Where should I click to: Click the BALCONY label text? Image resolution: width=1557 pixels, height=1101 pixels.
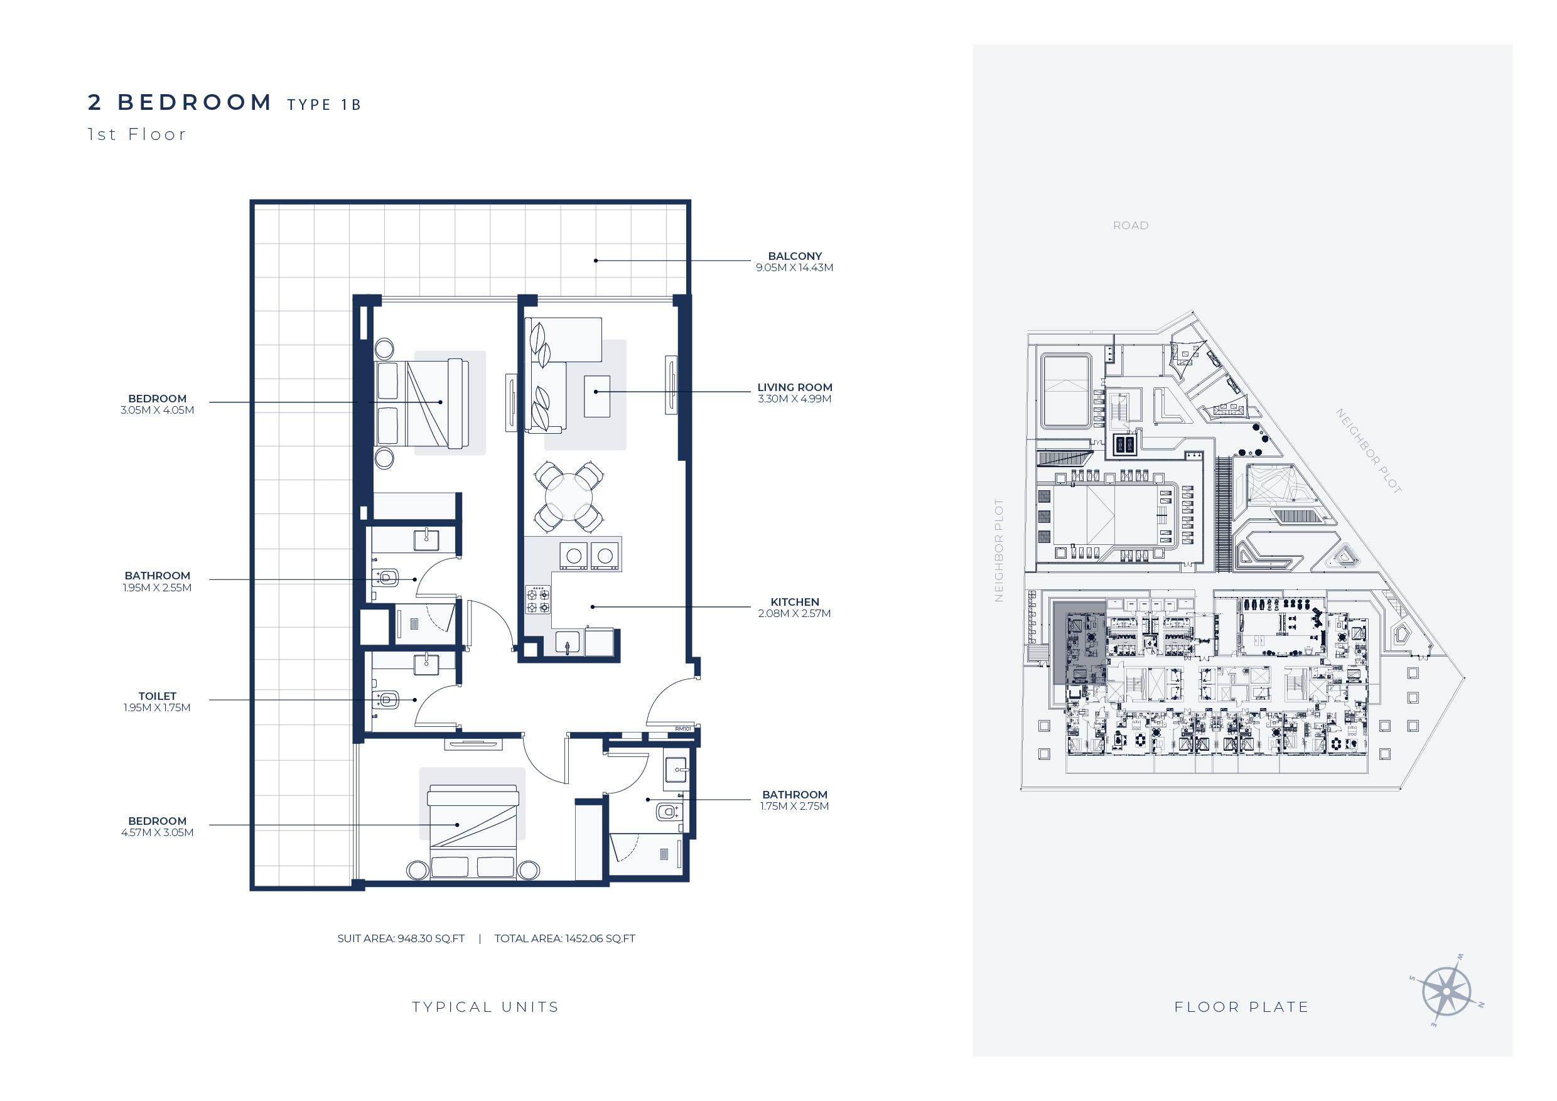coord(794,256)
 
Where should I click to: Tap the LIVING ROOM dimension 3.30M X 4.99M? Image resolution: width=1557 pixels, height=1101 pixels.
coord(794,399)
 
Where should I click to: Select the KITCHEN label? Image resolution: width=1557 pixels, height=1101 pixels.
coord(794,602)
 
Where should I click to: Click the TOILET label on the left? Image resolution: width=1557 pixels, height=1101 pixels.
coord(158,696)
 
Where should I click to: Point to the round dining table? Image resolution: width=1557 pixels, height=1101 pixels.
coord(568,497)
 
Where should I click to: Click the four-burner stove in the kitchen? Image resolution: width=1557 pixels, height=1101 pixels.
coord(539,600)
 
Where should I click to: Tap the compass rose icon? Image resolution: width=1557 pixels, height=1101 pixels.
coord(1446,991)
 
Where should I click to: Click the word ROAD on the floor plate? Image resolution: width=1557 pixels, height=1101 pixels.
coord(1131,226)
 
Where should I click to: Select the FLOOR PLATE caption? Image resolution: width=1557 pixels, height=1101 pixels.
coord(1241,1007)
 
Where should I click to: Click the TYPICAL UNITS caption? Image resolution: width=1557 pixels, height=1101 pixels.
coord(485,1007)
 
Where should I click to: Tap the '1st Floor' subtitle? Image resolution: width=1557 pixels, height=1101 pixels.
coord(136,134)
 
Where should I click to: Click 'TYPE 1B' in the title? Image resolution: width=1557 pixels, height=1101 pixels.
coord(324,104)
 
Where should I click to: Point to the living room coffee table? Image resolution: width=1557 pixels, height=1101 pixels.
coord(597,396)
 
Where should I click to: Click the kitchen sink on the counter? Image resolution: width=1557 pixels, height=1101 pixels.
coord(568,642)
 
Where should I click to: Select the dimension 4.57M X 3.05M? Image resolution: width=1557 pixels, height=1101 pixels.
coord(158,832)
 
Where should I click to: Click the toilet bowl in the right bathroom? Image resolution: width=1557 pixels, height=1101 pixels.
coord(668,811)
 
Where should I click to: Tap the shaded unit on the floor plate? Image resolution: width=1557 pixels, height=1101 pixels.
coord(1078,643)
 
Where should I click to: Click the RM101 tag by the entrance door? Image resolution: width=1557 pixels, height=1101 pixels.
coord(683,729)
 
